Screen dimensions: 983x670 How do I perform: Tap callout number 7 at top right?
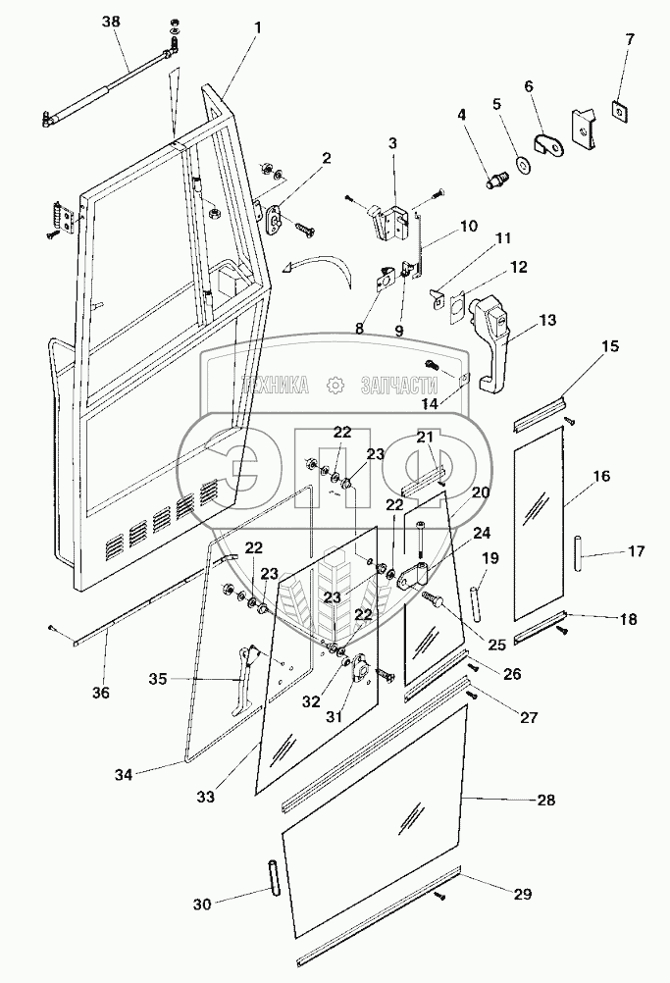pyautogui.click(x=630, y=39)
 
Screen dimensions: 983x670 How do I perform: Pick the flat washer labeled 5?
pyautogui.click(x=520, y=163)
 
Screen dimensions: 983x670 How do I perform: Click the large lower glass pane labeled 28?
pyautogui.click(x=373, y=785)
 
